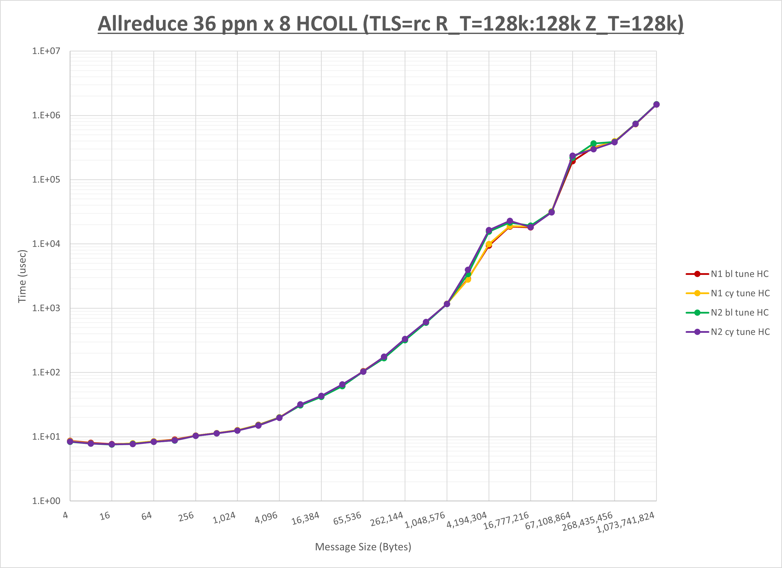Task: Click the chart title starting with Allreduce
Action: [x=390, y=24]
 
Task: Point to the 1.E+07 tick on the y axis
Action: [x=46, y=51]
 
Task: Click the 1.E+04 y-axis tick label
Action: [x=46, y=244]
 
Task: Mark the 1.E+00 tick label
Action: [x=46, y=501]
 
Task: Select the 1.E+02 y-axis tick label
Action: [x=46, y=373]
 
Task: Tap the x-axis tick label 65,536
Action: [x=347, y=518]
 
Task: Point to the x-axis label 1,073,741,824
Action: [x=625, y=522]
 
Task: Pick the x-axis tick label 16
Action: [x=105, y=516]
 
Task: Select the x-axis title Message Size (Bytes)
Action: [x=363, y=547]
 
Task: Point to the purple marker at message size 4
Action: [x=70, y=441]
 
